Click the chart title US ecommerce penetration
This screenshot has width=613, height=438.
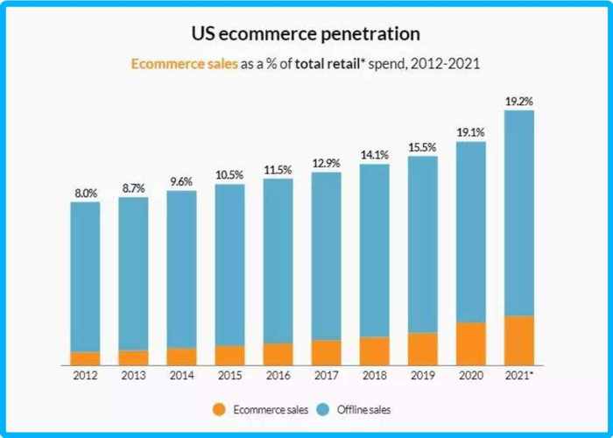click(306, 34)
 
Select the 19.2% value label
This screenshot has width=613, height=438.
click(519, 102)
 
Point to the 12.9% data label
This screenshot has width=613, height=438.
click(327, 162)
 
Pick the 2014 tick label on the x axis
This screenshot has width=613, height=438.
click(181, 375)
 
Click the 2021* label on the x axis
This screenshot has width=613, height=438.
click(520, 375)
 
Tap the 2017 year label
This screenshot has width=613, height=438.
click(327, 375)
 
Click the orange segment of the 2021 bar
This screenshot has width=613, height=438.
click(519, 340)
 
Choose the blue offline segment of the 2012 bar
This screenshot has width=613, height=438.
click(85, 276)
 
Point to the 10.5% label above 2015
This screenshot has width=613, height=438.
click(229, 174)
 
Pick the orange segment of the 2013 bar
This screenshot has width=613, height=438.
click(133, 357)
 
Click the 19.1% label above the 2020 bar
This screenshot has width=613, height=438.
click(471, 132)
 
